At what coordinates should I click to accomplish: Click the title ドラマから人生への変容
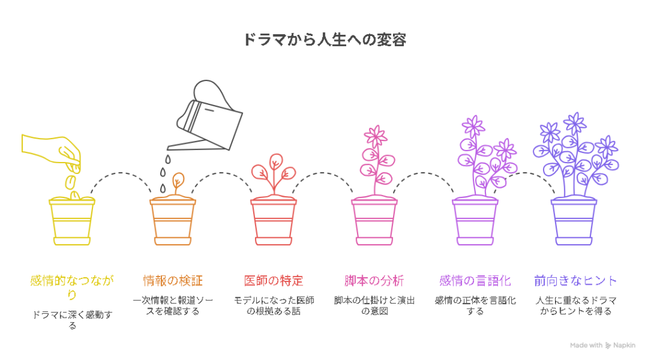pyautogui.click(x=325, y=40)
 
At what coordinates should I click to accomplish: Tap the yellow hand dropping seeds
pyautogui.click(x=52, y=151)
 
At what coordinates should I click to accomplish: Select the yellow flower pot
pyautogui.click(x=72, y=221)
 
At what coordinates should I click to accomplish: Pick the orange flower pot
pyautogui.click(x=173, y=221)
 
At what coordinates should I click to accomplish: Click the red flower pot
pyautogui.click(x=273, y=221)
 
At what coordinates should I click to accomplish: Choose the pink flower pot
pyautogui.click(x=375, y=221)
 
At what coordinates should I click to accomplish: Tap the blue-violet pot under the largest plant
pyautogui.click(x=574, y=221)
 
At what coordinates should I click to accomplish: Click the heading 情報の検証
pyautogui.click(x=173, y=281)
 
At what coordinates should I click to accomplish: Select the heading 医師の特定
pyautogui.click(x=273, y=281)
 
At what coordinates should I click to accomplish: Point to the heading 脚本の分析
pyautogui.click(x=375, y=281)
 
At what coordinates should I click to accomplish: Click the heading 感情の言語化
pyautogui.click(x=475, y=281)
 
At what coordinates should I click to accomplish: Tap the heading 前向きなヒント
pyautogui.click(x=576, y=281)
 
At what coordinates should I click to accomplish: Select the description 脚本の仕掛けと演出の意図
pyautogui.click(x=375, y=306)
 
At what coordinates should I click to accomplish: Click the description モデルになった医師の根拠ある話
pyautogui.click(x=273, y=306)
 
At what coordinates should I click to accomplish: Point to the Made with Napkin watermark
pyautogui.click(x=602, y=345)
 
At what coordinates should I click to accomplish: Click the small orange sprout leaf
pyautogui.click(x=178, y=180)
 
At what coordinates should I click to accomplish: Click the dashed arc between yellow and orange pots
pyautogui.click(x=121, y=173)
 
